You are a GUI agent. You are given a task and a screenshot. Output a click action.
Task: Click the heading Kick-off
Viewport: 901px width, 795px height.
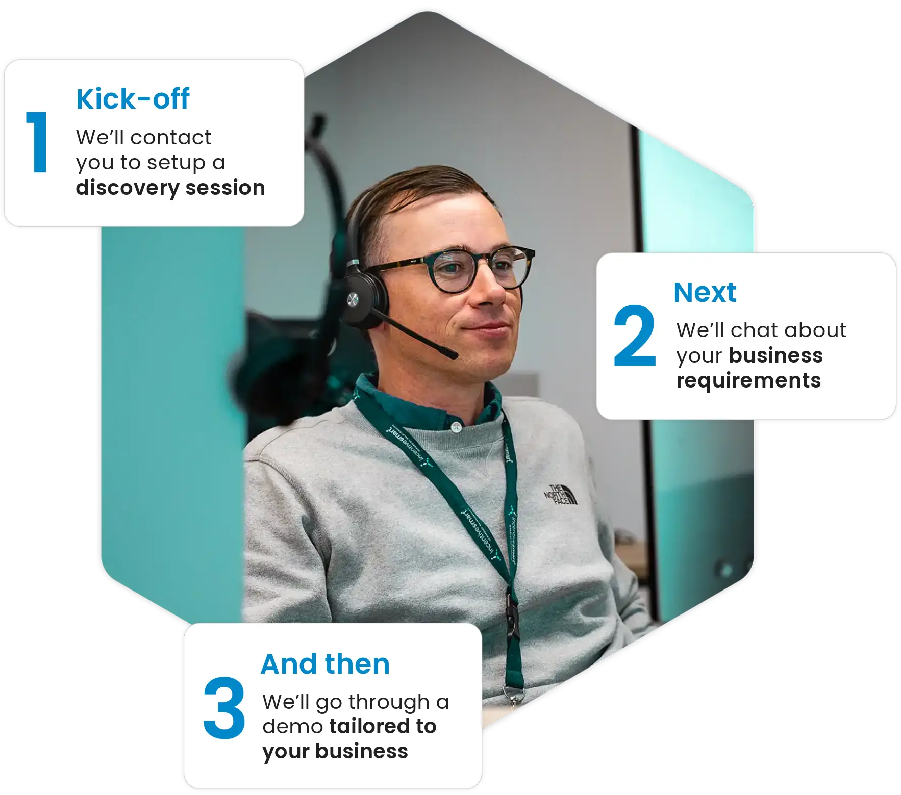(133, 98)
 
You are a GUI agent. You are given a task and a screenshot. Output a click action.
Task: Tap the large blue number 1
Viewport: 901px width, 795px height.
(37, 142)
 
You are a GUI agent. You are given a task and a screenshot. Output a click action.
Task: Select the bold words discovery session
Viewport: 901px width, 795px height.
(170, 188)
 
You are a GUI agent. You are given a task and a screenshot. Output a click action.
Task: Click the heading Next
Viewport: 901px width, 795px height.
(705, 292)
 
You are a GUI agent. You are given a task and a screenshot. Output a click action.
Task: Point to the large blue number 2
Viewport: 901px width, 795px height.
(635, 336)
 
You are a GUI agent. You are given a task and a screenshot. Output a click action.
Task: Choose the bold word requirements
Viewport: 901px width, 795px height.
(748, 380)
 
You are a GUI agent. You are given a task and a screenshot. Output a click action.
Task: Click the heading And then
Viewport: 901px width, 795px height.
(325, 664)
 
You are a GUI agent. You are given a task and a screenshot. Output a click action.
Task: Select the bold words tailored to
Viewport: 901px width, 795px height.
(383, 726)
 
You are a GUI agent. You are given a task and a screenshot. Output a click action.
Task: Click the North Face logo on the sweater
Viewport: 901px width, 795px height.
(561, 495)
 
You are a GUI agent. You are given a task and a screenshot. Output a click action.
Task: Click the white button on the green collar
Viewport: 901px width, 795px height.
(456, 427)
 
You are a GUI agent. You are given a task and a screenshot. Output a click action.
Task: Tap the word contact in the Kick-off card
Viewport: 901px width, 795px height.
(170, 138)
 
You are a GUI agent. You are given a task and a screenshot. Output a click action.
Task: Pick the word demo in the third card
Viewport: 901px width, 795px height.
(293, 727)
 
